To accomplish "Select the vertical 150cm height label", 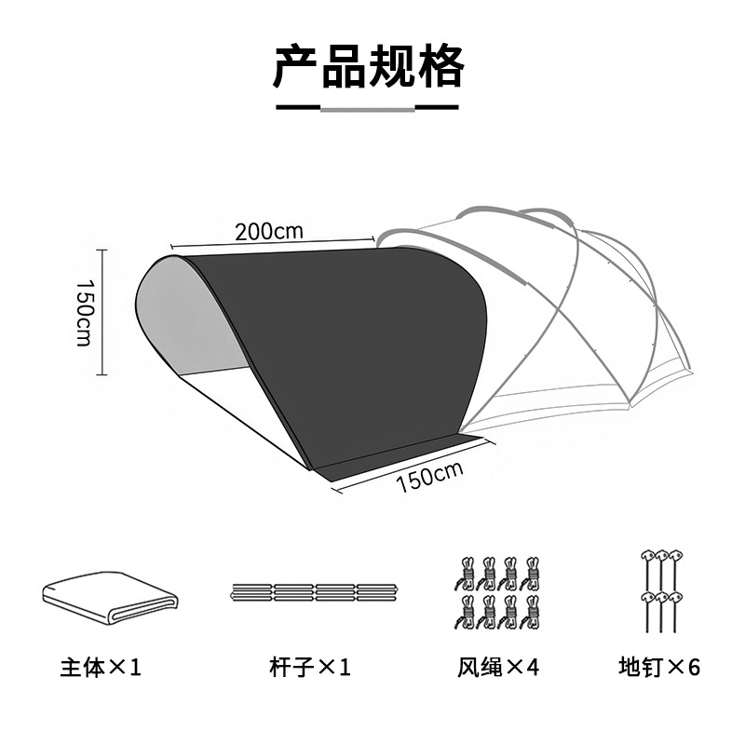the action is click(83, 312).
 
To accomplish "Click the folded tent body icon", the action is click(108, 597).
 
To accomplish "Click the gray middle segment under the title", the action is click(368, 108).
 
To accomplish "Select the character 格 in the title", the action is click(440, 65).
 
